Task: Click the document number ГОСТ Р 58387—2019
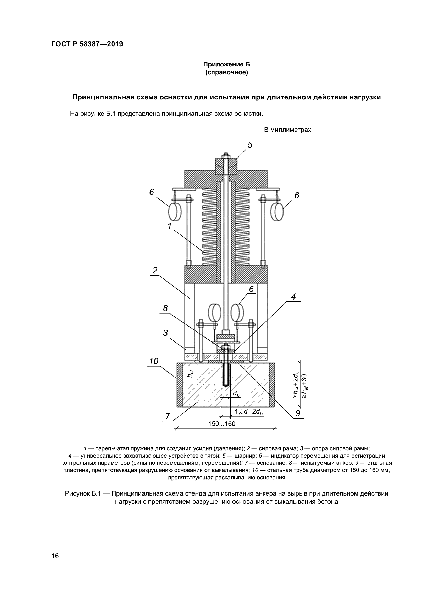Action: [87, 44]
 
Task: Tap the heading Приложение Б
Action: [226, 64]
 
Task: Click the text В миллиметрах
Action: [287, 130]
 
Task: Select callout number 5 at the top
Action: [250, 145]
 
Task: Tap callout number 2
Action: [155, 271]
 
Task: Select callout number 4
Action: [293, 297]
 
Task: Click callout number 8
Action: [165, 308]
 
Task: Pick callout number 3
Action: [165, 333]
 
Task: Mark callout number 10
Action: [154, 361]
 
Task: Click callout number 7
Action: [168, 416]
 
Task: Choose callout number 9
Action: [298, 413]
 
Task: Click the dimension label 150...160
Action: [222, 424]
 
